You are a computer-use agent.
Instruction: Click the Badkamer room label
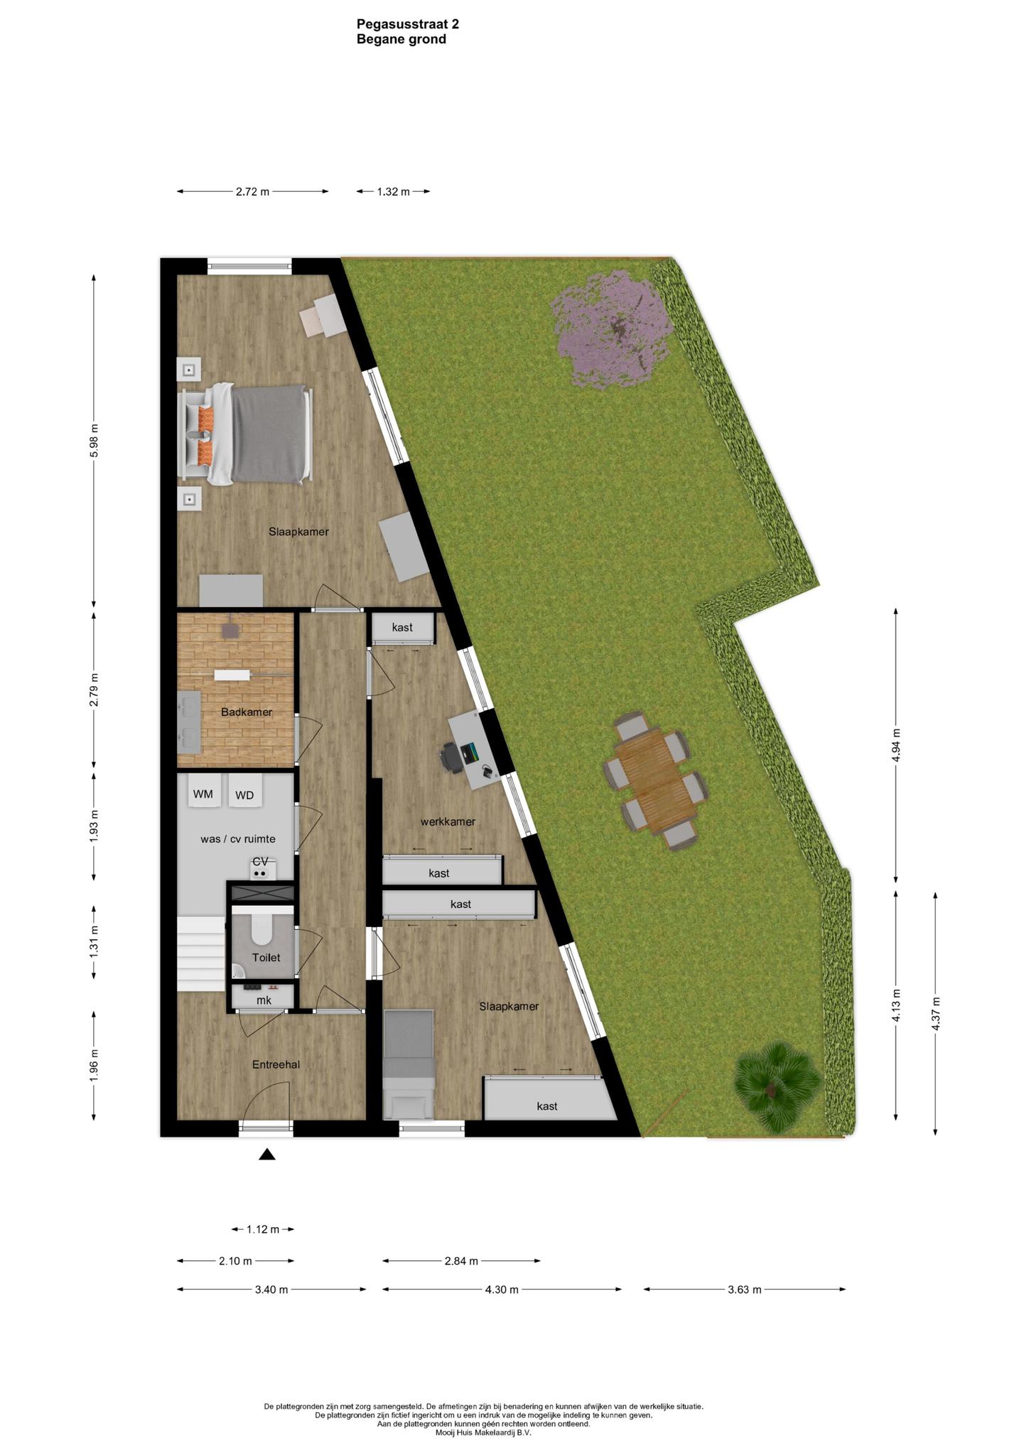[246, 712]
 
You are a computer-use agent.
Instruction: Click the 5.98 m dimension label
[94, 441]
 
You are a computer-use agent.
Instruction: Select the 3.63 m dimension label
[744, 1289]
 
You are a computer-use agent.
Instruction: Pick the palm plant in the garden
[776, 1086]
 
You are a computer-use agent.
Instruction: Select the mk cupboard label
[264, 1000]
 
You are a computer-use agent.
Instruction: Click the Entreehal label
[276, 1064]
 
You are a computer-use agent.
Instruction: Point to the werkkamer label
[448, 821]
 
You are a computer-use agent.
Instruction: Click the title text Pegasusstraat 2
[408, 24]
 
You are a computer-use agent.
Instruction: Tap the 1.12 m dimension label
[263, 1229]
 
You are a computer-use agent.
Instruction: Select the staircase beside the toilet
[202, 953]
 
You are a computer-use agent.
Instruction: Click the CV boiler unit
[261, 868]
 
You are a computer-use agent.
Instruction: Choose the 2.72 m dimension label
[252, 191]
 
